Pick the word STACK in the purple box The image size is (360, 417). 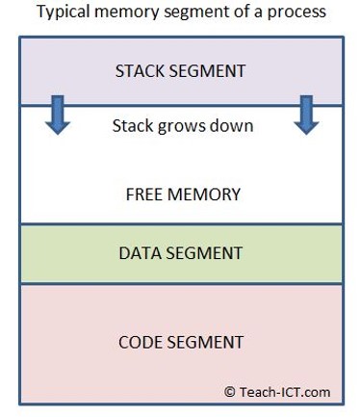(141, 71)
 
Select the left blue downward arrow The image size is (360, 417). (57, 114)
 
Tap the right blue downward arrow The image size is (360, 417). (306, 114)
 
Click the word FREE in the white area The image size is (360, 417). (146, 194)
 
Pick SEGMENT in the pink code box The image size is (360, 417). (208, 342)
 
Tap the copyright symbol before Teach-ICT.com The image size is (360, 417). (230, 391)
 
